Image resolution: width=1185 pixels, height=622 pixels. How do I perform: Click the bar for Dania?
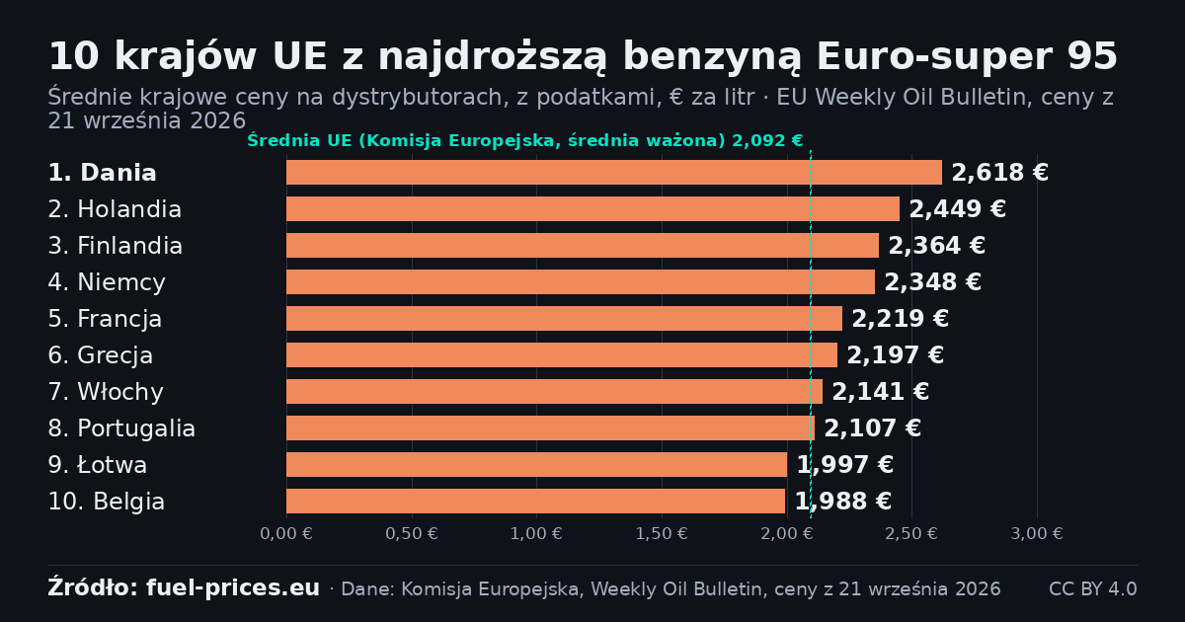(614, 173)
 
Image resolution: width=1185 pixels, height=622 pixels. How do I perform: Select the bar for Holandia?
(593, 209)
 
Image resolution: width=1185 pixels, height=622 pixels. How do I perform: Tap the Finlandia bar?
(583, 246)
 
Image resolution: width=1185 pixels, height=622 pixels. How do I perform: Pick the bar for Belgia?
(536, 501)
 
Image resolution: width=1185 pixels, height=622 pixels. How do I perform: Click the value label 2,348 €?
(932, 282)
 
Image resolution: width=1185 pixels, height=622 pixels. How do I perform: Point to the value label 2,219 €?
(900, 318)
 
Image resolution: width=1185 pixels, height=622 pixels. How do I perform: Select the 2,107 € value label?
(872, 428)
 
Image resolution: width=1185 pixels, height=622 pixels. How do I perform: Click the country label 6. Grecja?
(101, 355)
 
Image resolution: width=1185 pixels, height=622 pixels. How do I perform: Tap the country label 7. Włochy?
(106, 392)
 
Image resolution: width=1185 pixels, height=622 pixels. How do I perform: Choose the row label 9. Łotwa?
(98, 465)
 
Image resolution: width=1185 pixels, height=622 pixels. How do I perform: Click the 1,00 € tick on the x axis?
(536, 534)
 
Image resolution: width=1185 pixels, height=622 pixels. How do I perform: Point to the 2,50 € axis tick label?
(911, 534)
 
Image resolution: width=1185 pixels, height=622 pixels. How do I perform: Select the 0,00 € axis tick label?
(286, 534)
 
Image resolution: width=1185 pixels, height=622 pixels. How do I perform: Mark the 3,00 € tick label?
(1037, 534)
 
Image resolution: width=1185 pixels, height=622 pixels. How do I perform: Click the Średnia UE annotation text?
(524, 140)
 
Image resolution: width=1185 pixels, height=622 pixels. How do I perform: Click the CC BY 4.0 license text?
(1093, 588)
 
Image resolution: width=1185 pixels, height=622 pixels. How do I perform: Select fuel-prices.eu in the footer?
(233, 588)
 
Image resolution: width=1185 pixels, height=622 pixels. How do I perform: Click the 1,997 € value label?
(845, 464)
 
